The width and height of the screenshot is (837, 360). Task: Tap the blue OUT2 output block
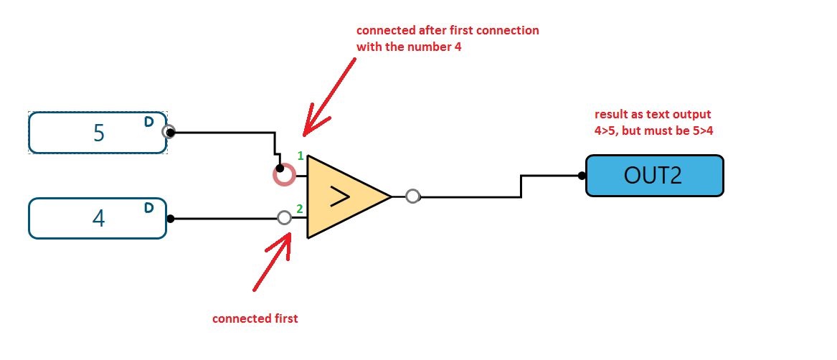(654, 176)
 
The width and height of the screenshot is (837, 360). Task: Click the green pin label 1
(301, 156)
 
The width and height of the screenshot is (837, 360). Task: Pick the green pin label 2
(301, 209)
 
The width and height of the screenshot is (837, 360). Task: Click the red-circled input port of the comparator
(284, 174)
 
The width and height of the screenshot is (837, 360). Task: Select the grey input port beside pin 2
(284, 217)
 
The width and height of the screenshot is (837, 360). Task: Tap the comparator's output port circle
(412, 196)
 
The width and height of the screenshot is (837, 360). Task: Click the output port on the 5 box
(169, 132)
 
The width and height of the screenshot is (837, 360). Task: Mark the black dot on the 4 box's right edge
(171, 218)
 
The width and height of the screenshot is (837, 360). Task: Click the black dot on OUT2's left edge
(582, 175)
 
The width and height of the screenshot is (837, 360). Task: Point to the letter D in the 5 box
(148, 122)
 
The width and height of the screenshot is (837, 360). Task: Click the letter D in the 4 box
(148, 208)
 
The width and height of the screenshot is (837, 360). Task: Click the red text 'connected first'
(255, 318)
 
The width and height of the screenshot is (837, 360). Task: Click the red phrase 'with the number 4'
(409, 47)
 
